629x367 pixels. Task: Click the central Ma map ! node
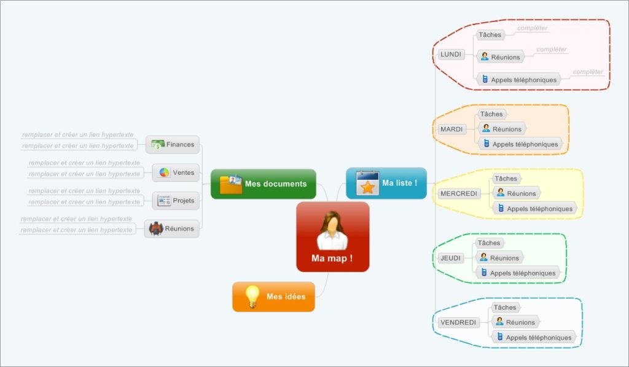pos(332,237)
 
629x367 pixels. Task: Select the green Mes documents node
pos(264,183)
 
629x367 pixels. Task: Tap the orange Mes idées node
pos(273,296)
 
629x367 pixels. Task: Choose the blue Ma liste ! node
pos(386,183)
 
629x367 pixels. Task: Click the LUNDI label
pos(451,54)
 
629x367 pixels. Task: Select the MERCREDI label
pos(458,193)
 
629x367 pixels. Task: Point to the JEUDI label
pos(450,258)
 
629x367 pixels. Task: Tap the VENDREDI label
pos(458,322)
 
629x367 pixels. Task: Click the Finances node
pos(173,145)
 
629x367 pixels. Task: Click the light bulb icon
pos(252,296)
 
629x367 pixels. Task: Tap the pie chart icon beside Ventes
pos(164,172)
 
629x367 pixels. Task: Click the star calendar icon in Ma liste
pos(367,183)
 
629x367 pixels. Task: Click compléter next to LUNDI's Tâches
pos(532,28)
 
